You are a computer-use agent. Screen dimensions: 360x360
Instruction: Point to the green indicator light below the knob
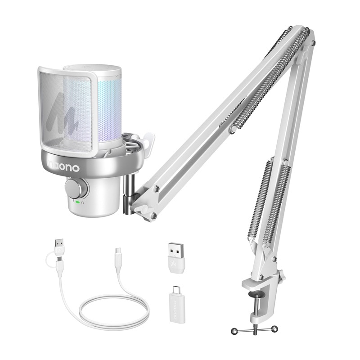(x=77, y=202)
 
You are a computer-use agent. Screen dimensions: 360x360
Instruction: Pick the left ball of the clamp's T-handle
(x=234, y=331)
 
